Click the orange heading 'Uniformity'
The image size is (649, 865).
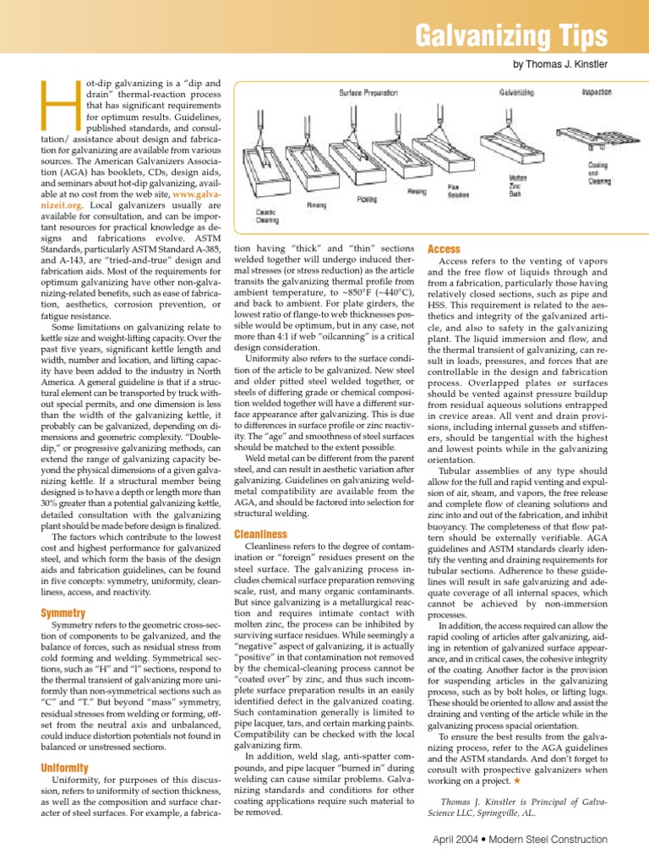point(66,767)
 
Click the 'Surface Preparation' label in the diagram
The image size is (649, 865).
point(368,92)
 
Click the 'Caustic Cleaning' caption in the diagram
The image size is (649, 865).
point(267,215)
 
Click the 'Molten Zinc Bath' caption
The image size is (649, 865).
point(517,181)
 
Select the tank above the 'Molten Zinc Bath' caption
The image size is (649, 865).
point(517,144)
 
